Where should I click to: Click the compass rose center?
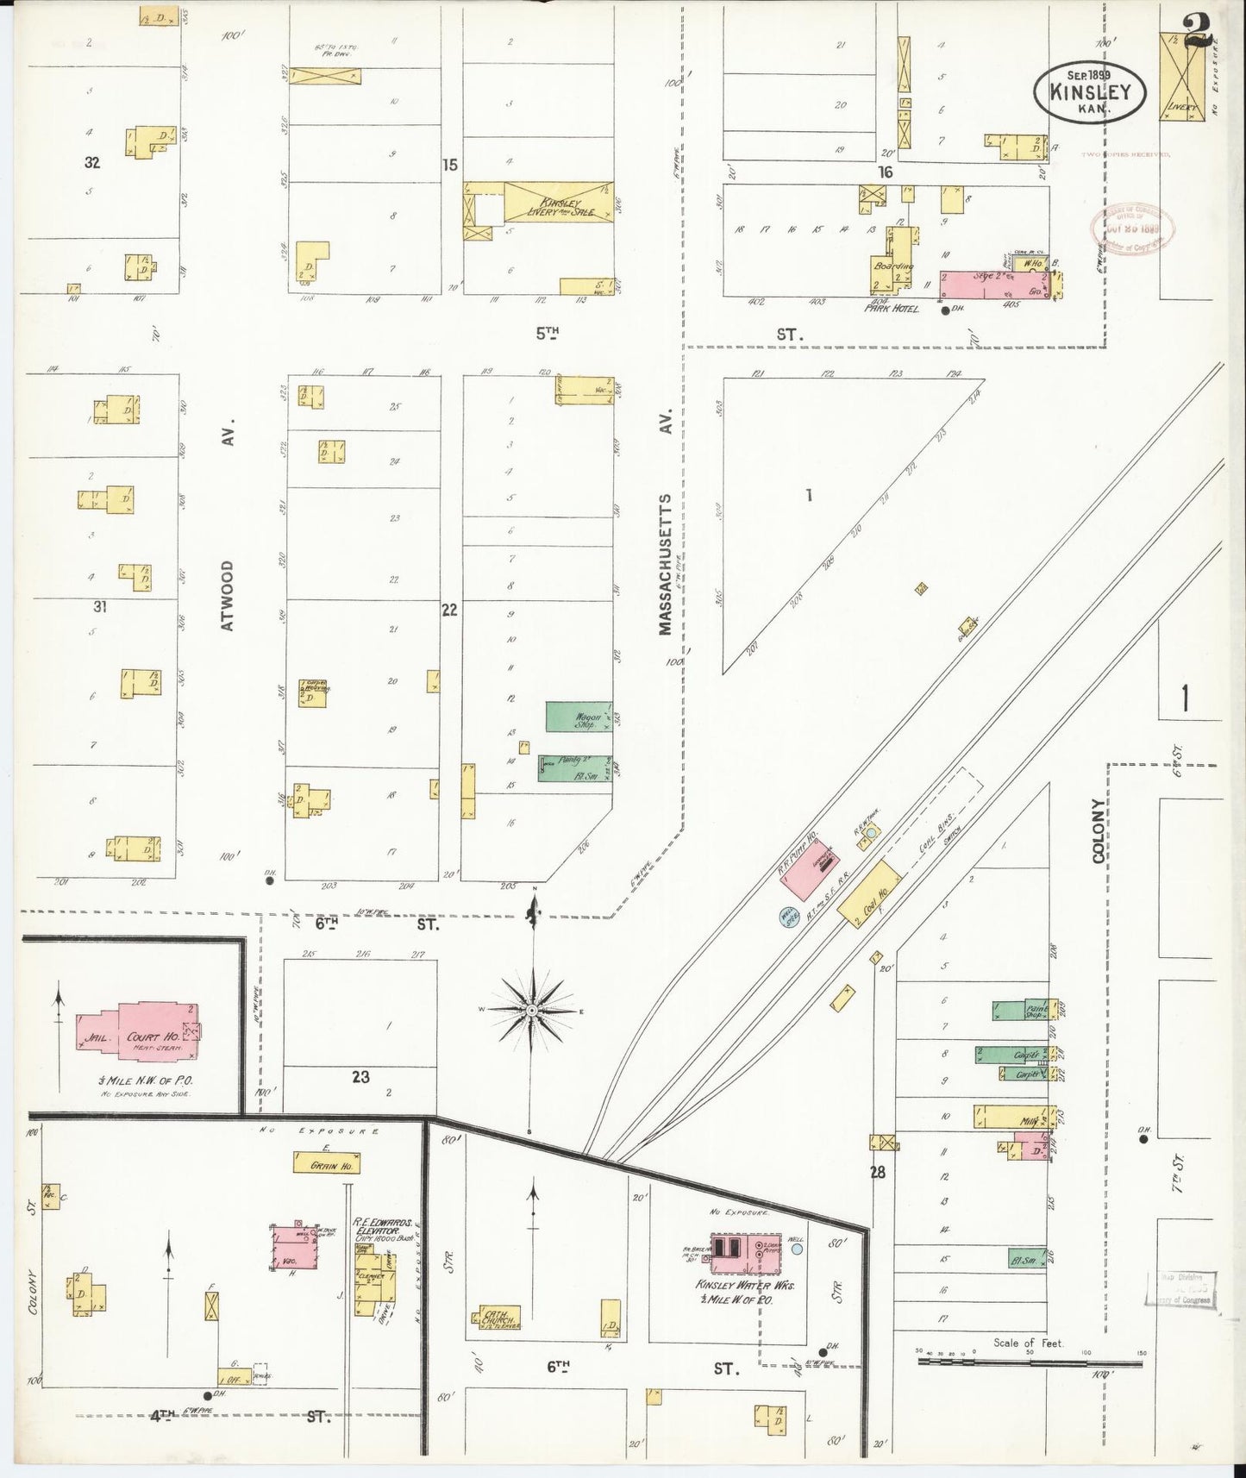[533, 1010]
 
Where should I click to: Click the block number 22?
[449, 610]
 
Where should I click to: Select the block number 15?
[449, 165]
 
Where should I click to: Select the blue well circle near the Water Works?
[798, 1248]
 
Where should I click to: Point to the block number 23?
[360, 1077]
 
